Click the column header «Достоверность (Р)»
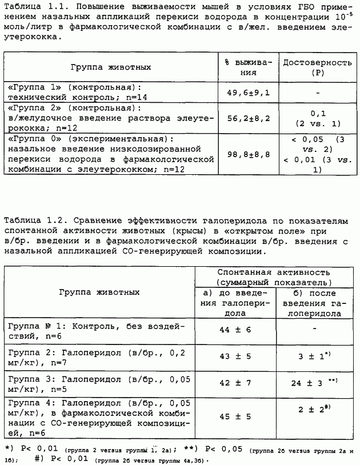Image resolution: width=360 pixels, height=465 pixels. (x=317, y=67)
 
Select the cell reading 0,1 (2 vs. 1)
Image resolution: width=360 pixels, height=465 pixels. (x=317, y=118)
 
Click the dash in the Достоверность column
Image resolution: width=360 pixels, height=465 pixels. (x=317, y=92)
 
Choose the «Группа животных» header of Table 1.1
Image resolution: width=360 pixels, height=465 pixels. (x=111, y=67)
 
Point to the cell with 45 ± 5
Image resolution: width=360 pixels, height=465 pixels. (x=233, y=415)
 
